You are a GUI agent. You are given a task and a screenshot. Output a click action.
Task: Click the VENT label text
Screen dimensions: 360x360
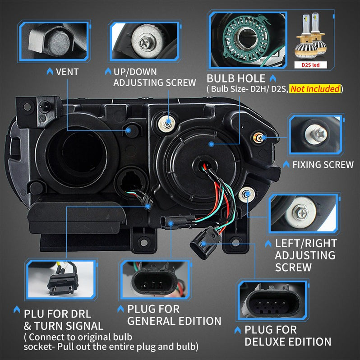coord(67,72)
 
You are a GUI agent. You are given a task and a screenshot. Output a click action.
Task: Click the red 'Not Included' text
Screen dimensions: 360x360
coord(315,89)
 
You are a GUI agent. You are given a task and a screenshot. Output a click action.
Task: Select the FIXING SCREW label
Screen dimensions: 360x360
coord(323,165)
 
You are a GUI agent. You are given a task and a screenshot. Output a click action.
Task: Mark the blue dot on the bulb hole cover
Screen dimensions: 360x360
coord(211,143)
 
